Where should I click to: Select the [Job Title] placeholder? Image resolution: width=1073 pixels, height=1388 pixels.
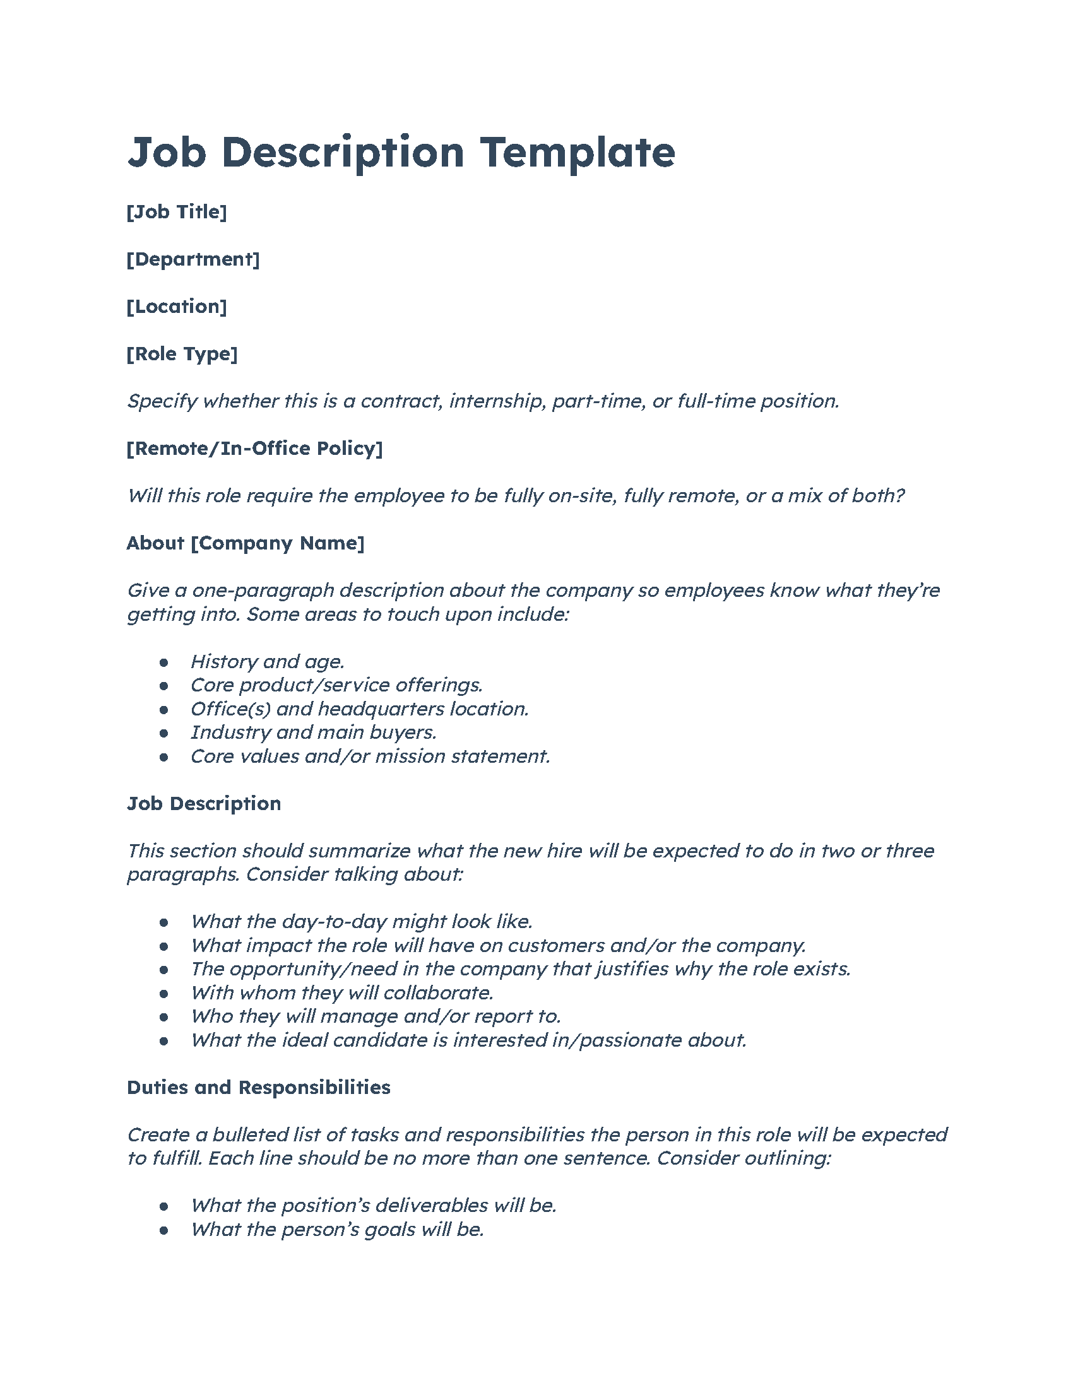click(x=177, y=211)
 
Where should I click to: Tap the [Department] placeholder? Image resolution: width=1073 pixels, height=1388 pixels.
click(x=193, y=259)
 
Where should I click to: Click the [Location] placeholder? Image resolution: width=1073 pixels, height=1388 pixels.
click(x=177, y=307)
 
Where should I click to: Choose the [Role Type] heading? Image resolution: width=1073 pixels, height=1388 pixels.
click(x=182, y=354)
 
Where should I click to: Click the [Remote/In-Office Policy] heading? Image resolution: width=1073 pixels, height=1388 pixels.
click(x=254, y=449)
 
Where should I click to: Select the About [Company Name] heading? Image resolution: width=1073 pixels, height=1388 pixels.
click(x=246, y=543)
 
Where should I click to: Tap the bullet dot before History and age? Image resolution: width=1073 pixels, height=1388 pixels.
click(x=164, y=662)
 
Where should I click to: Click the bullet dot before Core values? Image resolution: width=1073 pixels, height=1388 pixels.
click(x=164, y=757)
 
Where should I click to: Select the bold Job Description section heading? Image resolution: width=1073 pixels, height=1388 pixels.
click(x=204, y=804)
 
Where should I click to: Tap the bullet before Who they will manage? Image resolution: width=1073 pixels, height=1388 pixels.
click(x=164, y=1017)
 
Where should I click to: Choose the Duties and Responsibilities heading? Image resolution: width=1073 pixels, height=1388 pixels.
click(x=259, y=1088)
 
